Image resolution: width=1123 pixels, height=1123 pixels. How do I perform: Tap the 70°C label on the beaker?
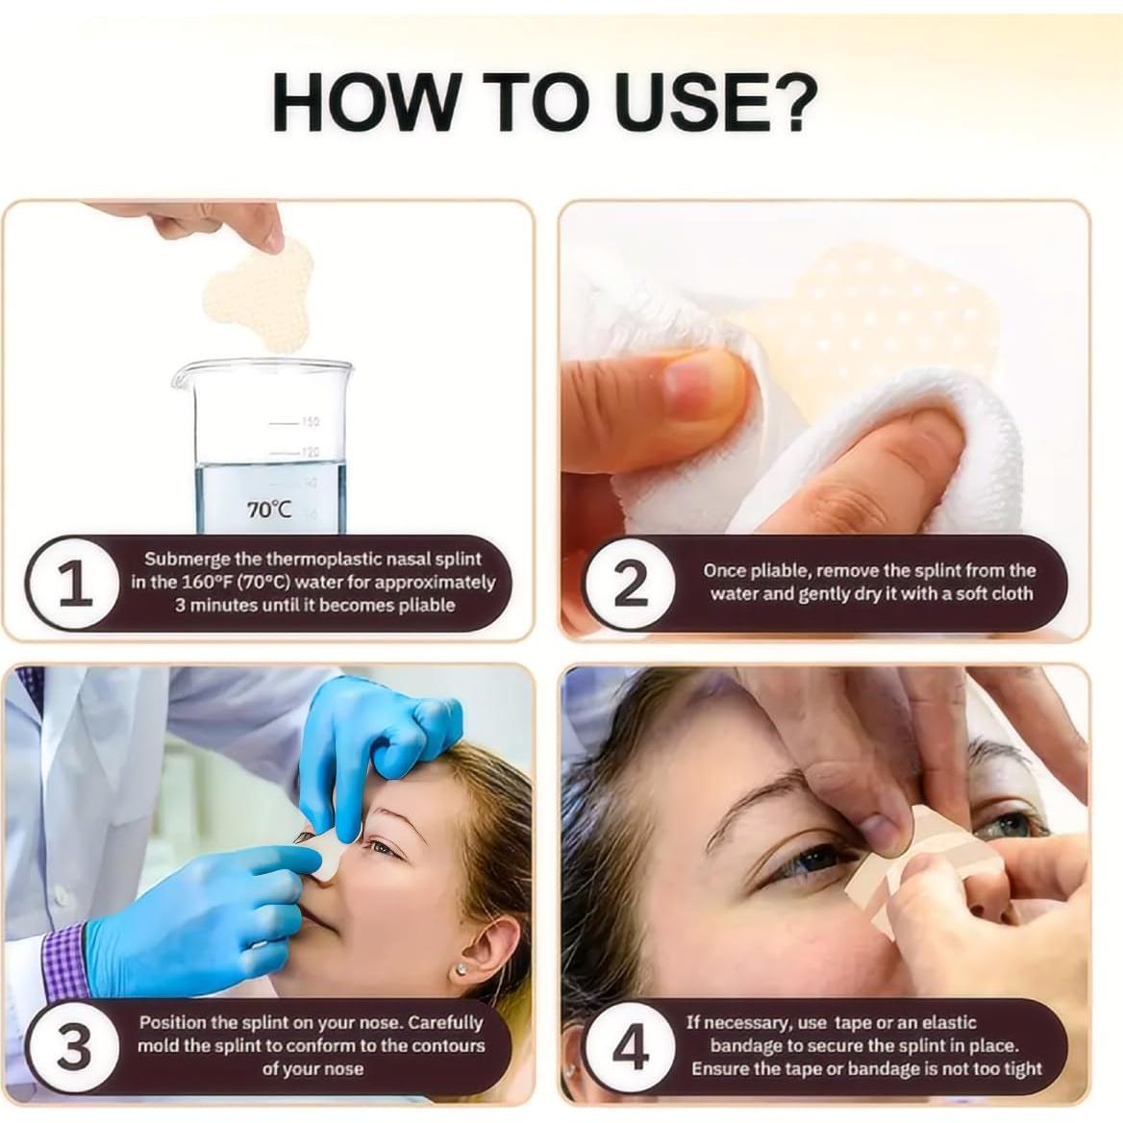tap(268, 509)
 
